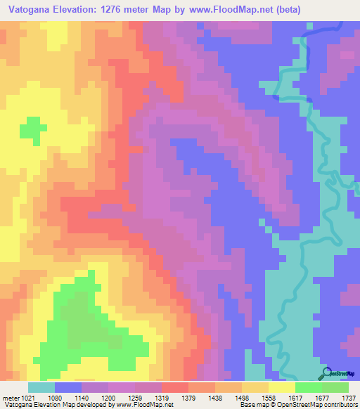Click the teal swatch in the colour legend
41,387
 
